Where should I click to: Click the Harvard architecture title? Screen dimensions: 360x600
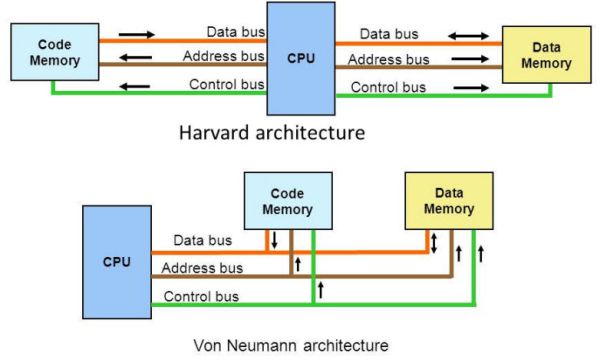272,132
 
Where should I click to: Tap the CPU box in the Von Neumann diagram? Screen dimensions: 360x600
117,261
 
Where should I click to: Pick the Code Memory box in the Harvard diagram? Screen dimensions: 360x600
54,53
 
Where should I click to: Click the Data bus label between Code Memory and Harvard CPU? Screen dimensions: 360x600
235,32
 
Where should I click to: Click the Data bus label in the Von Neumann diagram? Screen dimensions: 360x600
203,240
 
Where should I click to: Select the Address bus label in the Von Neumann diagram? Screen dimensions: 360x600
202,268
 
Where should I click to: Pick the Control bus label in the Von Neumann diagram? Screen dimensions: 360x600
200,296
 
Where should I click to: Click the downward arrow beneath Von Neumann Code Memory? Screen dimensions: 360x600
275,240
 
